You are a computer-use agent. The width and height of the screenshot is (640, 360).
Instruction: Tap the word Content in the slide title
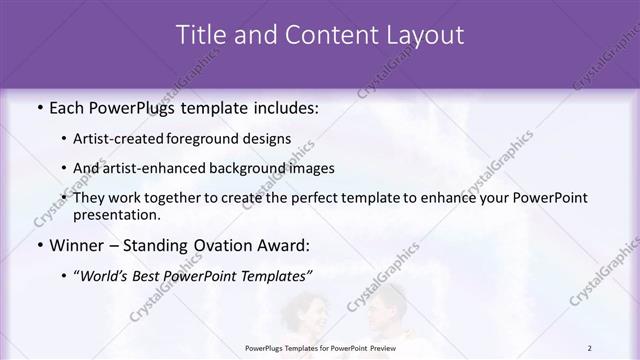coord(323,35)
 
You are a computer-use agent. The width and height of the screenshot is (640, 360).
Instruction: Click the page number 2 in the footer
coord(589,348)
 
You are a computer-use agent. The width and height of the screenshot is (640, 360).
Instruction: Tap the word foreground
coord(213,138)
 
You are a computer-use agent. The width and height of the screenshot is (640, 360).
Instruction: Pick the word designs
coord(269,138)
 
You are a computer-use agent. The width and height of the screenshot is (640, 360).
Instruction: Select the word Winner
coord(76,244)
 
